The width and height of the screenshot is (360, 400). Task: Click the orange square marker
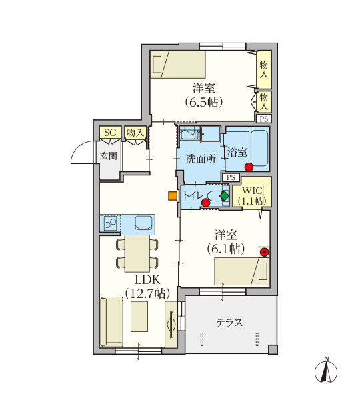173,195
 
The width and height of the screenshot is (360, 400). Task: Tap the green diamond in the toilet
225,196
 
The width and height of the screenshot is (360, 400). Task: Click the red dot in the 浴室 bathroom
249,167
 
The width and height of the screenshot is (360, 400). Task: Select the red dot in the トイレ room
205,203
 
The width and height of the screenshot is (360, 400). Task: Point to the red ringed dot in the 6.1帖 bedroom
264,252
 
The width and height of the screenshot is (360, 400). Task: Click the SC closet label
110,133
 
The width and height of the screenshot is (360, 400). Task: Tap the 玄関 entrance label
109,155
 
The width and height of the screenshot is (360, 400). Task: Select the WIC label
252,191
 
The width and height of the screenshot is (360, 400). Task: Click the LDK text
147,280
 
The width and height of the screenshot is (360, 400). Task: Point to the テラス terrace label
229,323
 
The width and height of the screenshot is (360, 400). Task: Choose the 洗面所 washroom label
201,159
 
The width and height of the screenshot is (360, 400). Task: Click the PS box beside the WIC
231,177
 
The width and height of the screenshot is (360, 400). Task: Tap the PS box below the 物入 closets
264,119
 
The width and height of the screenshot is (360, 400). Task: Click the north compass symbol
326,371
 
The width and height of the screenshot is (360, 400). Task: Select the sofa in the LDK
112,322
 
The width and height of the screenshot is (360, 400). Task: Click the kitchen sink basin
143,223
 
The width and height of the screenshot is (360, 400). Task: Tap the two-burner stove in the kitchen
110,223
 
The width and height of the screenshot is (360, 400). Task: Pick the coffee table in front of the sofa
139,316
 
